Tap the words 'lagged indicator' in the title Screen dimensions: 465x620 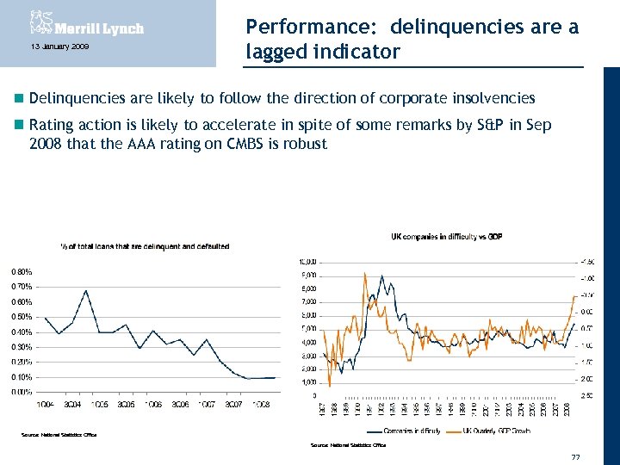[x=323, y=52]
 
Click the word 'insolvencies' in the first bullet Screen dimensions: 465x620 [x=490, y=98]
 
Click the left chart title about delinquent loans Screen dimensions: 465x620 [x=144, y=246]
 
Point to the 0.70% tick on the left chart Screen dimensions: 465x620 [x=22, y=286]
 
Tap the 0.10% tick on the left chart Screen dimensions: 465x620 [x=22, y=377]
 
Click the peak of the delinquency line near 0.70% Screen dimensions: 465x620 [x=86, y=291]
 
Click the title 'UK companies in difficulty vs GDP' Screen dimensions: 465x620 [x=446, y=236]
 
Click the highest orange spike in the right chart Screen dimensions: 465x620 [x=365, y=273]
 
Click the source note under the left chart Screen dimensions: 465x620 [x=59, y=435]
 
